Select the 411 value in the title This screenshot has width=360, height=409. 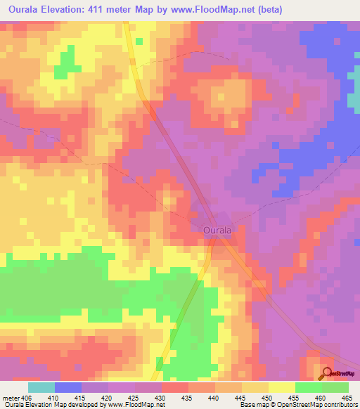pyautogui.click(x=112, y=9)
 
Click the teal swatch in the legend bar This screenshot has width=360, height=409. pyautogui.click(x=41, y=387)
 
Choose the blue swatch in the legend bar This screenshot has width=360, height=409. pyautogui.click(x=68, y=387)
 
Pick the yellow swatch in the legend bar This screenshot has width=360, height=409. pyautogui.click(x=281, y=387)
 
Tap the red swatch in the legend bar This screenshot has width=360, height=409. pyautogui.click(x=174, y=387)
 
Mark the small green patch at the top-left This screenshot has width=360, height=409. pyautogui.click(x=67, y=62)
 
